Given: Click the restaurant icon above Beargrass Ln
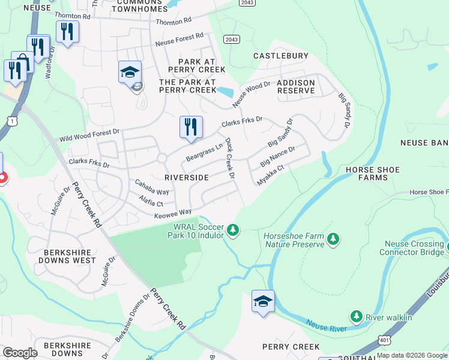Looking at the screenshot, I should click(191, 127).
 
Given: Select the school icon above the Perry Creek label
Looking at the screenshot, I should click(263, 301).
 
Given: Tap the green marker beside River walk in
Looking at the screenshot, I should click(357, 316).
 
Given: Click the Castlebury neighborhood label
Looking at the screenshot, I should click(280, 56).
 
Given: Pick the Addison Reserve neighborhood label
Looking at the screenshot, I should click(295, 86).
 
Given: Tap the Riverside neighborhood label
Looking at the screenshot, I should click(186, 178).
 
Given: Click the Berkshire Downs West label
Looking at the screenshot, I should click(67, 256).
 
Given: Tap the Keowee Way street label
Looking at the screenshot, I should click(173, 212).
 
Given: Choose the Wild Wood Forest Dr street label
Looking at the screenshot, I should click(89, 134).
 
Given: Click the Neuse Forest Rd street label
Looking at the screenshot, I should click(179, 40).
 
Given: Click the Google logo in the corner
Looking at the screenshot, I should click(20, 352).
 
